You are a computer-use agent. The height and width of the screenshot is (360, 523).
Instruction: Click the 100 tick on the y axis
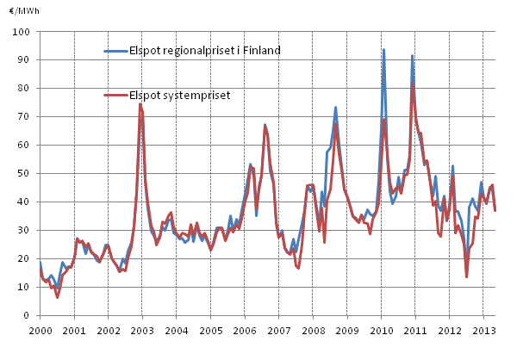coord(22,32)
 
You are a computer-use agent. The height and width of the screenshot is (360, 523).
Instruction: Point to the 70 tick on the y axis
coord(25,117)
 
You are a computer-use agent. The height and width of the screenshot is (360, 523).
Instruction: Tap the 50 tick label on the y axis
coord(25,174)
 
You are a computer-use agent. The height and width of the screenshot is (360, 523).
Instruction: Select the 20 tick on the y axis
coord(25,259)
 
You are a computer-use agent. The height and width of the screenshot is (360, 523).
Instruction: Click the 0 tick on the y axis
coord(28,316)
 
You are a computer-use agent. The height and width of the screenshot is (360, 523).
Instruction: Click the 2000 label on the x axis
coord(40,331)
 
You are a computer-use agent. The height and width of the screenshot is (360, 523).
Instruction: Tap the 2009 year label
coord(346,331)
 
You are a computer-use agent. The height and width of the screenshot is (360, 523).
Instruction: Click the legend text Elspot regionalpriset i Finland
coord(205,51)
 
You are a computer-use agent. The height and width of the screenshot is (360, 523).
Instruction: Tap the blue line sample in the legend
coord(115,51)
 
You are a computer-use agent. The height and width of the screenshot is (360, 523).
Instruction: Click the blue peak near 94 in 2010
coord(383,50)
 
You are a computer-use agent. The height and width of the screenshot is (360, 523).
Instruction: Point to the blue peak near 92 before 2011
coord(412,56)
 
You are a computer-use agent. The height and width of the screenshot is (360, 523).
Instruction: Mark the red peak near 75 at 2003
coord(140,104)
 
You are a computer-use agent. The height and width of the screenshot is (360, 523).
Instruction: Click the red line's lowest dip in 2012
coord(466,276)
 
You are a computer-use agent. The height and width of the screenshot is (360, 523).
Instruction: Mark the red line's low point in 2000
coord(58,297)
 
